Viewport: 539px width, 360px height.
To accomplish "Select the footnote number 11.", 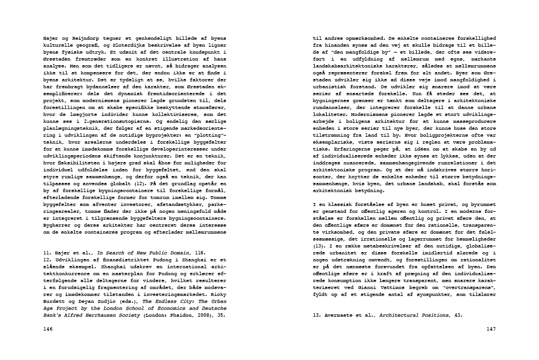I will (x=48, y=253).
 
